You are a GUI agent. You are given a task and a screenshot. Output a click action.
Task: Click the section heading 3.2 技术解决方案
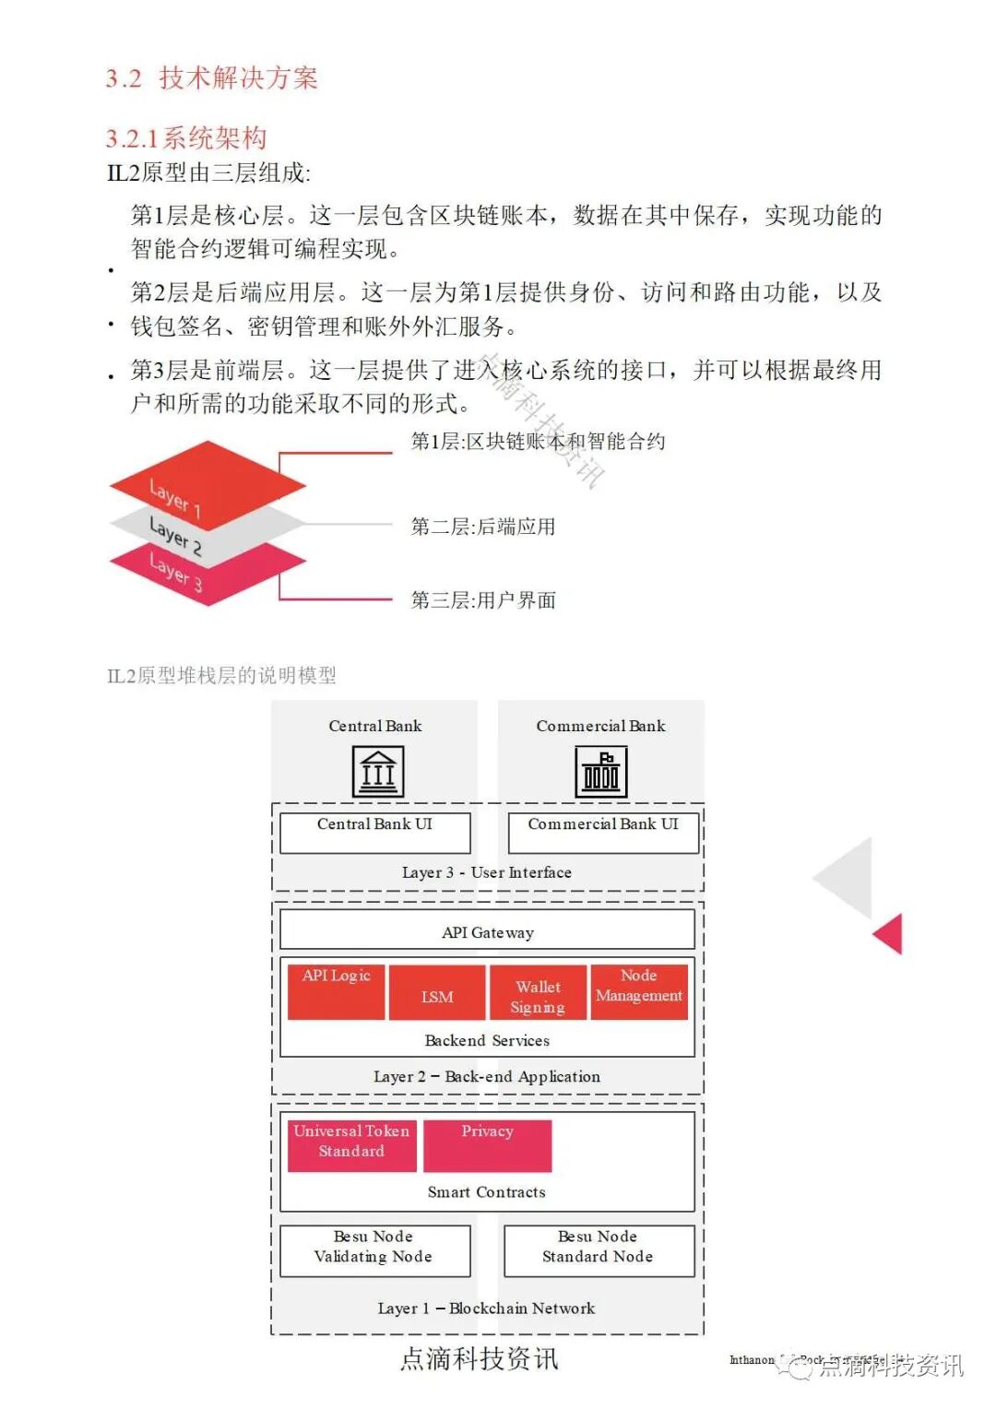click(211, 78)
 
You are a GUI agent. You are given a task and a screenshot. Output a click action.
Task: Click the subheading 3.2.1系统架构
click(186, 138)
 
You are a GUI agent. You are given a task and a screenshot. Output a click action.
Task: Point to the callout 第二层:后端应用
click(482, 527)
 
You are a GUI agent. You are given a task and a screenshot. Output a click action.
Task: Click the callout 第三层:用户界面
click(482, 600)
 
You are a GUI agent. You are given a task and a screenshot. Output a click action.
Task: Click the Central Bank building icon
click(378, 771)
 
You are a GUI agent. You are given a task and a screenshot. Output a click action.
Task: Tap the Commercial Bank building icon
click(600, 771)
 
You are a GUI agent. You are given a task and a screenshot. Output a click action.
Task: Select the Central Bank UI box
click(374, 832)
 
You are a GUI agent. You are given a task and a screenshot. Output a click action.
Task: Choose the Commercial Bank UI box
click(603, 832)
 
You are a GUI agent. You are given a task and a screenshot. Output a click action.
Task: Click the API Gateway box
click(487, 930)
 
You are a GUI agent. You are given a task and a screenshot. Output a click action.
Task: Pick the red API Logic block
click(336, 992)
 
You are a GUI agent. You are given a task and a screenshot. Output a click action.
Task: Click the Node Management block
click(639, 991)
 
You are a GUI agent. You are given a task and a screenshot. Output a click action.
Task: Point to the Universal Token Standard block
click(351, 1145)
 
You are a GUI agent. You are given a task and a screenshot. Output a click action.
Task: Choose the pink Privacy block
click(487, 1145)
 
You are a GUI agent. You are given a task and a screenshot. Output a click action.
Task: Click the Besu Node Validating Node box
click(374, 1250)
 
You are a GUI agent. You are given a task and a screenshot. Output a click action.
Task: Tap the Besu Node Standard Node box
click(599, 1250)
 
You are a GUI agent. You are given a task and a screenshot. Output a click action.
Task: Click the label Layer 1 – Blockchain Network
click(486, 1308)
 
